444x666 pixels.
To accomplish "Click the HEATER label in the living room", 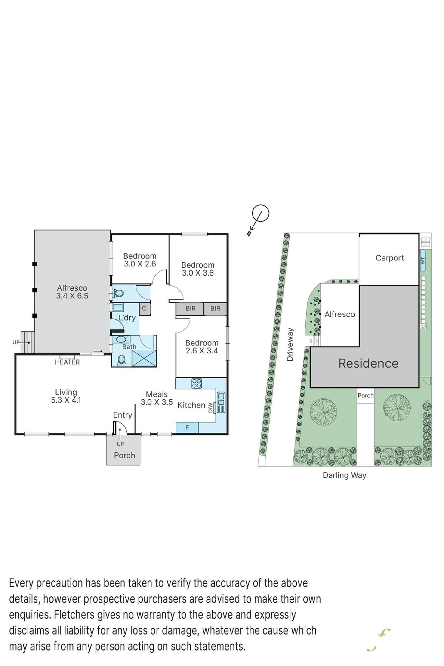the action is click(x=67, y=362).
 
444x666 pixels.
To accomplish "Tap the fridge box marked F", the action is click(x=187, y=427).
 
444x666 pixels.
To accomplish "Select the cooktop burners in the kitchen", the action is click(x=197, y=383).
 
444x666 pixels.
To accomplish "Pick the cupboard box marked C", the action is click(x=144, y=309).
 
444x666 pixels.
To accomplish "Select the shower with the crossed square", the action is click(x=144, y=358).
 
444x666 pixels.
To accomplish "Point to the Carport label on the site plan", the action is click(x=390, y=258).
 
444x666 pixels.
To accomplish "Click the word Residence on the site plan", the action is click(x=368, y=363).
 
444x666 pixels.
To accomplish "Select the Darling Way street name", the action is click(x=344, y=475).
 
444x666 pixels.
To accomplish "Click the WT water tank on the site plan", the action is click(x=423, y=261).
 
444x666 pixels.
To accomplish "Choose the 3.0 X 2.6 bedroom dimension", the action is click(x=140, y=264).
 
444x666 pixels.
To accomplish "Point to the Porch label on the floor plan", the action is click(x=125, y=455).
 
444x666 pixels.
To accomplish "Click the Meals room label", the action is click(x=157, y=394).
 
